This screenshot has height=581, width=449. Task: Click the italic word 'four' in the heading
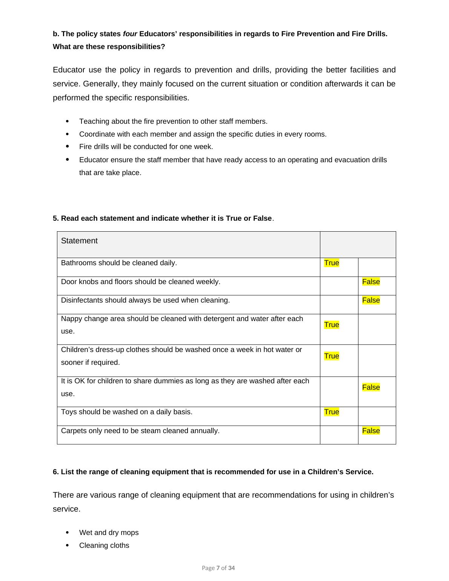tap(130, 34)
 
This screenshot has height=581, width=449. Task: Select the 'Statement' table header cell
tap(79, 241)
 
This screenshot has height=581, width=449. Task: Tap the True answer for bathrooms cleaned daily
tap(331, 263)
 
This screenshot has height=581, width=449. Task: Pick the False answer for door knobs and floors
tap(371, 282)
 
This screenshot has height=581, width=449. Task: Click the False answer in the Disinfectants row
tap(371, 300)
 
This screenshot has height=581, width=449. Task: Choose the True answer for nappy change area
tap(331, 325)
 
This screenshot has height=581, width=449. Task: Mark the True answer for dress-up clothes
tap(331, 356)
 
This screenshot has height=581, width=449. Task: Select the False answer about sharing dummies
tap(371, 387)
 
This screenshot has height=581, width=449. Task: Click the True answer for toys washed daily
tap(331, 412)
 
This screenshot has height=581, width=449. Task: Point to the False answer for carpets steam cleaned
tap(371, 431)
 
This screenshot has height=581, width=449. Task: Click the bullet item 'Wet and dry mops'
tap(109, 533)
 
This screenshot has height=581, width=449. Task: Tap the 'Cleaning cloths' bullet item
tap(104, 546)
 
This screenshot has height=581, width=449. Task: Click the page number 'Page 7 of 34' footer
tap(218, 568)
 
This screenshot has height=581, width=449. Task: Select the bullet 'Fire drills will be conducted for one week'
tap(146, 147)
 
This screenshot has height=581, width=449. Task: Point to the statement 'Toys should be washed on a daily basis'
tap(127, 412)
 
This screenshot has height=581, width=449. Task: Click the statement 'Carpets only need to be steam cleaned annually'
tap(140, 431)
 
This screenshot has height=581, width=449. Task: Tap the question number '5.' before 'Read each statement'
tap(56, 218)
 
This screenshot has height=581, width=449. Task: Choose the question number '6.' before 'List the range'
tap(56, 472)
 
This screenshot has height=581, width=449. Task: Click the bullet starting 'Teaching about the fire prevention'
tap(173, 121)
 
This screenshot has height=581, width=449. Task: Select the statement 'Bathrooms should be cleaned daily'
tap(119, 263)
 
